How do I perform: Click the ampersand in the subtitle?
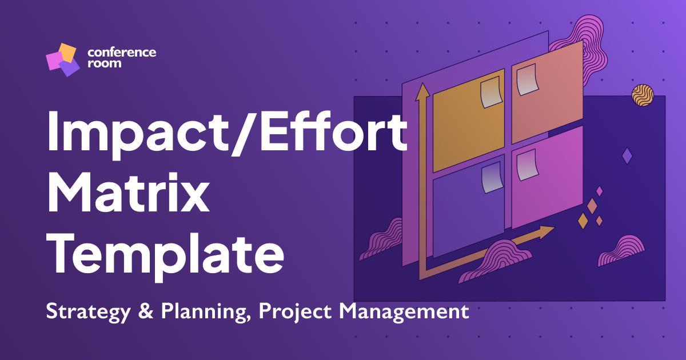[140, 312]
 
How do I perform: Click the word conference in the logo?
[121, 53]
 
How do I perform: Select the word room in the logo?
[104, 63]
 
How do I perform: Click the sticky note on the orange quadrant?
[491, 93]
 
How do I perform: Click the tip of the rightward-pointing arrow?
[554, 229]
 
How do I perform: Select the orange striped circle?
[643, 96]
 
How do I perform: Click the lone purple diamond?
[627, 156]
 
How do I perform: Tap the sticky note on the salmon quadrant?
[527, 81]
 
